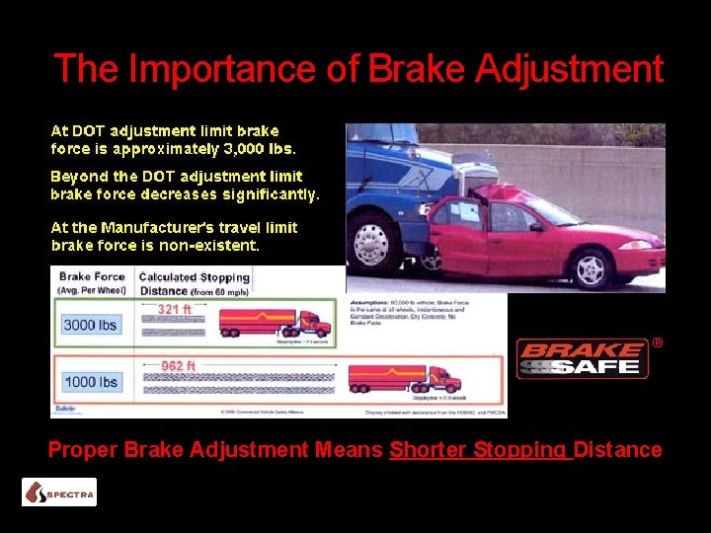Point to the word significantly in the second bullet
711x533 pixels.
point(271,194)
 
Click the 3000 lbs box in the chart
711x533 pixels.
point(90,325)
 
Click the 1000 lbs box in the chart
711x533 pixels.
point(90,382)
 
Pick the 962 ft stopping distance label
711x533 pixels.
point(179,366)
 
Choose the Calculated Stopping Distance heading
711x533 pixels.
point(194,283)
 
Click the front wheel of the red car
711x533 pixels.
point(592,269)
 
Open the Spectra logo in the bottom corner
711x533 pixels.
point(59,492)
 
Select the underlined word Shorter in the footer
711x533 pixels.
point(430,450)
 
